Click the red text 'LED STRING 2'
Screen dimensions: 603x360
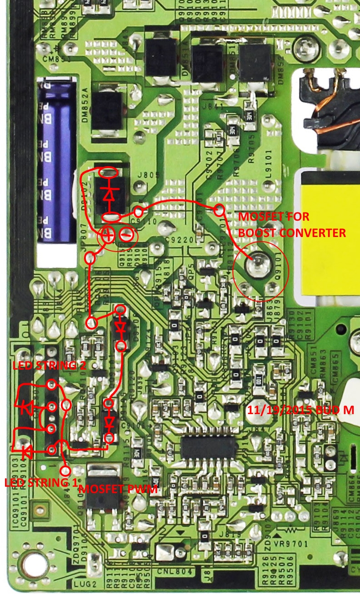click(x=44, y=366)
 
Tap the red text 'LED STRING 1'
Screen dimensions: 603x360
click(x=40, y=482)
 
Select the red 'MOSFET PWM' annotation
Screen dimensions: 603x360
click(x=118, y=489)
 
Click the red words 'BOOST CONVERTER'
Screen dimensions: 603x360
click(x=292, y=233)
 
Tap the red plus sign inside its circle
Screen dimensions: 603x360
click(x=108, y=235)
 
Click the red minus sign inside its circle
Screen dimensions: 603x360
click(x=128, y=235)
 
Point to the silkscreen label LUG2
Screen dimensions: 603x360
click(x=81, y=582)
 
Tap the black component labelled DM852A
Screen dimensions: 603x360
click(x=107, y=111)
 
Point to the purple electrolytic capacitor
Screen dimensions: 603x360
click(x=57, y=159)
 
